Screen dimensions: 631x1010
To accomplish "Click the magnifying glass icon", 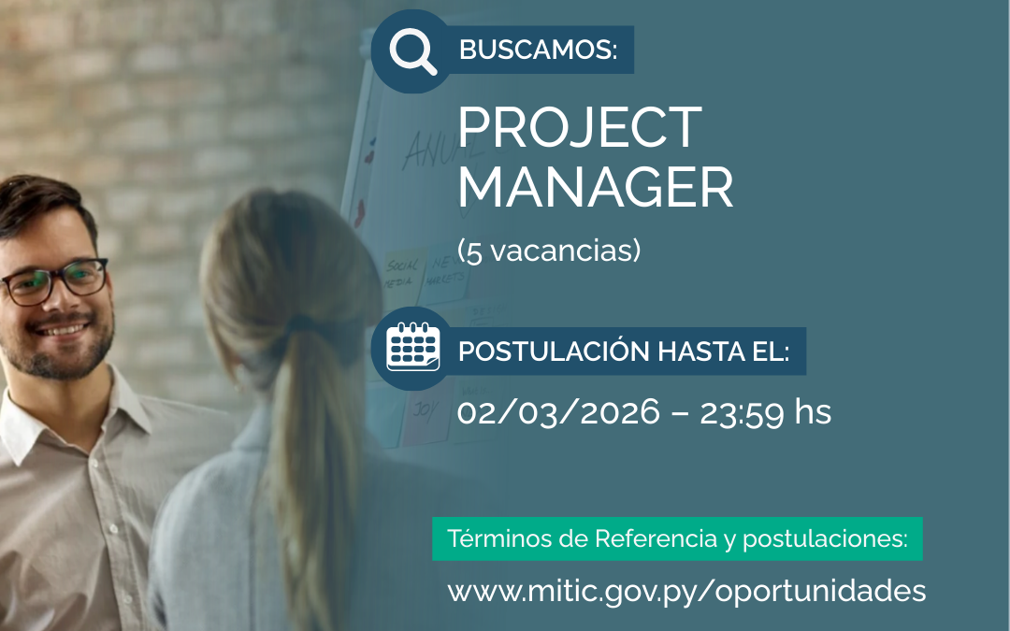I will click(x=412, y=51).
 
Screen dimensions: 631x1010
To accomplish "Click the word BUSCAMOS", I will click(x=538, y=50).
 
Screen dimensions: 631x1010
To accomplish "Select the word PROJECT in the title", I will click(x=579, y=128).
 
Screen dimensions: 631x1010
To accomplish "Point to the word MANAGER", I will click(x=595, y=187).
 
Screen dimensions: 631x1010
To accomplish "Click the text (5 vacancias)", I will click(x=548, y=251).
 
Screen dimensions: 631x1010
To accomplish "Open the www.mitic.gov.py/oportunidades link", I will click(x=686, y=591).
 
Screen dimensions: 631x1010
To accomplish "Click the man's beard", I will click(x=61, y=360).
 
